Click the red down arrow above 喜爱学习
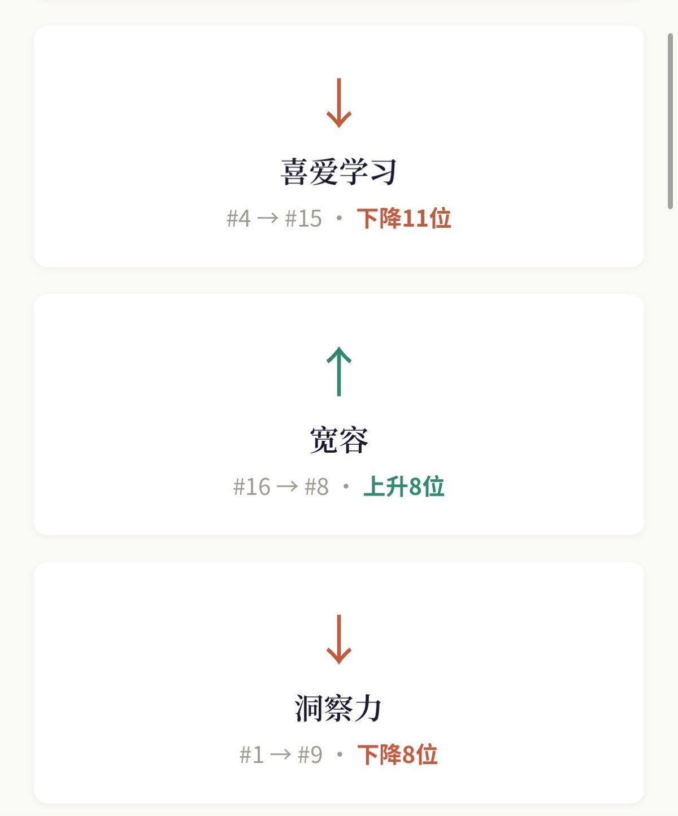pyautogui.click(x=339, y=103)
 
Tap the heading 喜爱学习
pyautogui.click(x=339, y=172)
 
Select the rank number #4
pyautogui.click(x=238, y=219)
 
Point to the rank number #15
pyautogui.click(x=303, y=219)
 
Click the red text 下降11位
pyautogui.click(x=404, y=219)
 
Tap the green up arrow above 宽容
pyautogui.click(x=339, y=371)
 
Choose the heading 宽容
pyautogui.click(x=339, y=440)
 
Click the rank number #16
pyautogui.click(x=252, y=487)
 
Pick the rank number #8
pyautogui.click(x=316, y=487)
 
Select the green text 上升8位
pyautogui.click(x=404, y=487)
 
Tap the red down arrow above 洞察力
pyautogui.click(x=339, y=639)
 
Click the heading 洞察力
pyautogui.click(x=339, y=708)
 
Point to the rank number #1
pyautogui.click(x=251, y=755)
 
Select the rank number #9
pyautogui.click(x=310, y=755)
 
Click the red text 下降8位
pyautogui.click(x=398, y=755)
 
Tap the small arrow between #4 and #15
pyautogui.click(x=268, y=218)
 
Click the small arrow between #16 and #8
pyautogui.click(x=288, y=486)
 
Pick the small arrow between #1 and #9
pyautogui.click(x=281, y=754)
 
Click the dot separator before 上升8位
pyautogui.click(x=346, y=487)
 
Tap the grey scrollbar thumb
pyautogui.click(x=671, y=121)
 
